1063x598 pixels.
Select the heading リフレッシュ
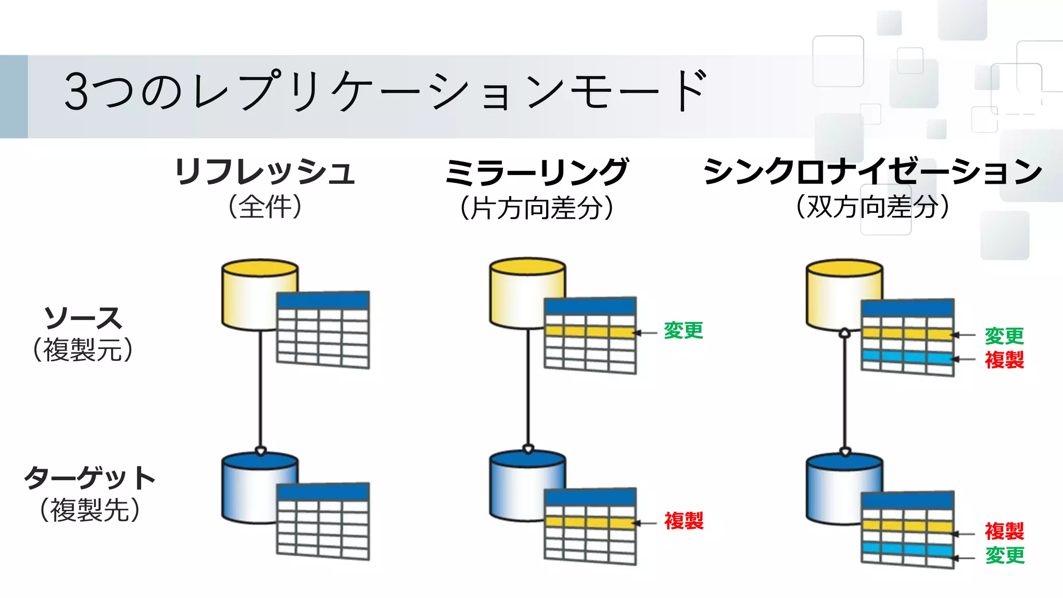[x=265, y=172]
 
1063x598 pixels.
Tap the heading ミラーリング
[x=537, y=172]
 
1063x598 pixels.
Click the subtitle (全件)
[x=265, y=207]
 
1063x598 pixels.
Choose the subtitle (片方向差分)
[x=537, y=208]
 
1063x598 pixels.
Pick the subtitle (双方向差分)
[x=873, y=207]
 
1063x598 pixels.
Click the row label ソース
[x=83, y=318]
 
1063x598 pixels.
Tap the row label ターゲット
[x=90, y=478]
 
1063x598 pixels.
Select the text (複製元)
[x=83, y=350]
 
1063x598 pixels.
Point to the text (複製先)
[x=90, y=510]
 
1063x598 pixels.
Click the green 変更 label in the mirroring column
[x=683, y=331]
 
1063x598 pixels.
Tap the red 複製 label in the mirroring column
[x=684, y=521]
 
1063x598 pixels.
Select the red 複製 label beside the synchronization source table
[x=1004, y=360]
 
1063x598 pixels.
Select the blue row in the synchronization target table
[x=907, y=549]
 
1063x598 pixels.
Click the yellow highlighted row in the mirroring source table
[x=590, y=332]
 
